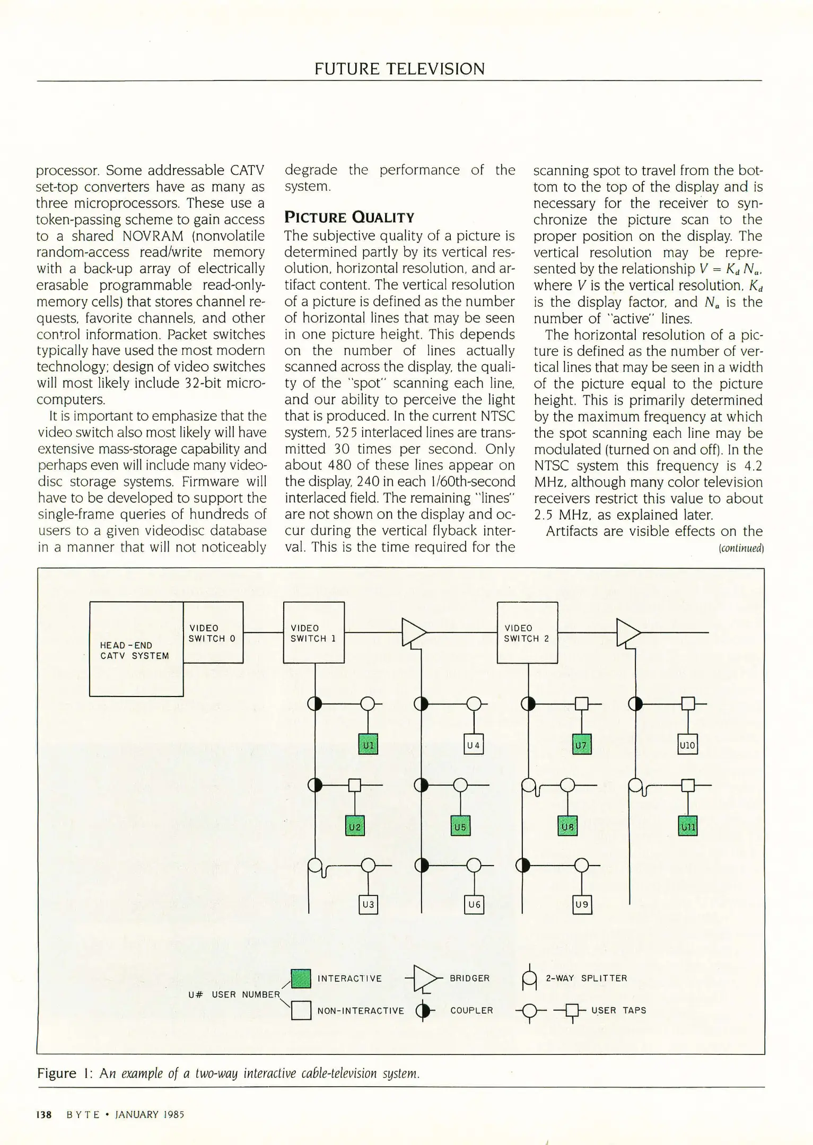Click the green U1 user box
point(368,745)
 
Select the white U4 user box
point(473,745)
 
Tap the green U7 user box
point(581,745)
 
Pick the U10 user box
point(687,745)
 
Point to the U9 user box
point(582,904)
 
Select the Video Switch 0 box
point(213,632)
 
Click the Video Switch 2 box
point(527,632)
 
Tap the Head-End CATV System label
point(135,650)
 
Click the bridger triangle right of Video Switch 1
point(413,632)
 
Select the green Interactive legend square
point(301,979)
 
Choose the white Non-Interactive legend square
point(301,1010)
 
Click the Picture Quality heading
point(349,217)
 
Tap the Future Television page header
point(399,69)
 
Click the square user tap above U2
point(354,785)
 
